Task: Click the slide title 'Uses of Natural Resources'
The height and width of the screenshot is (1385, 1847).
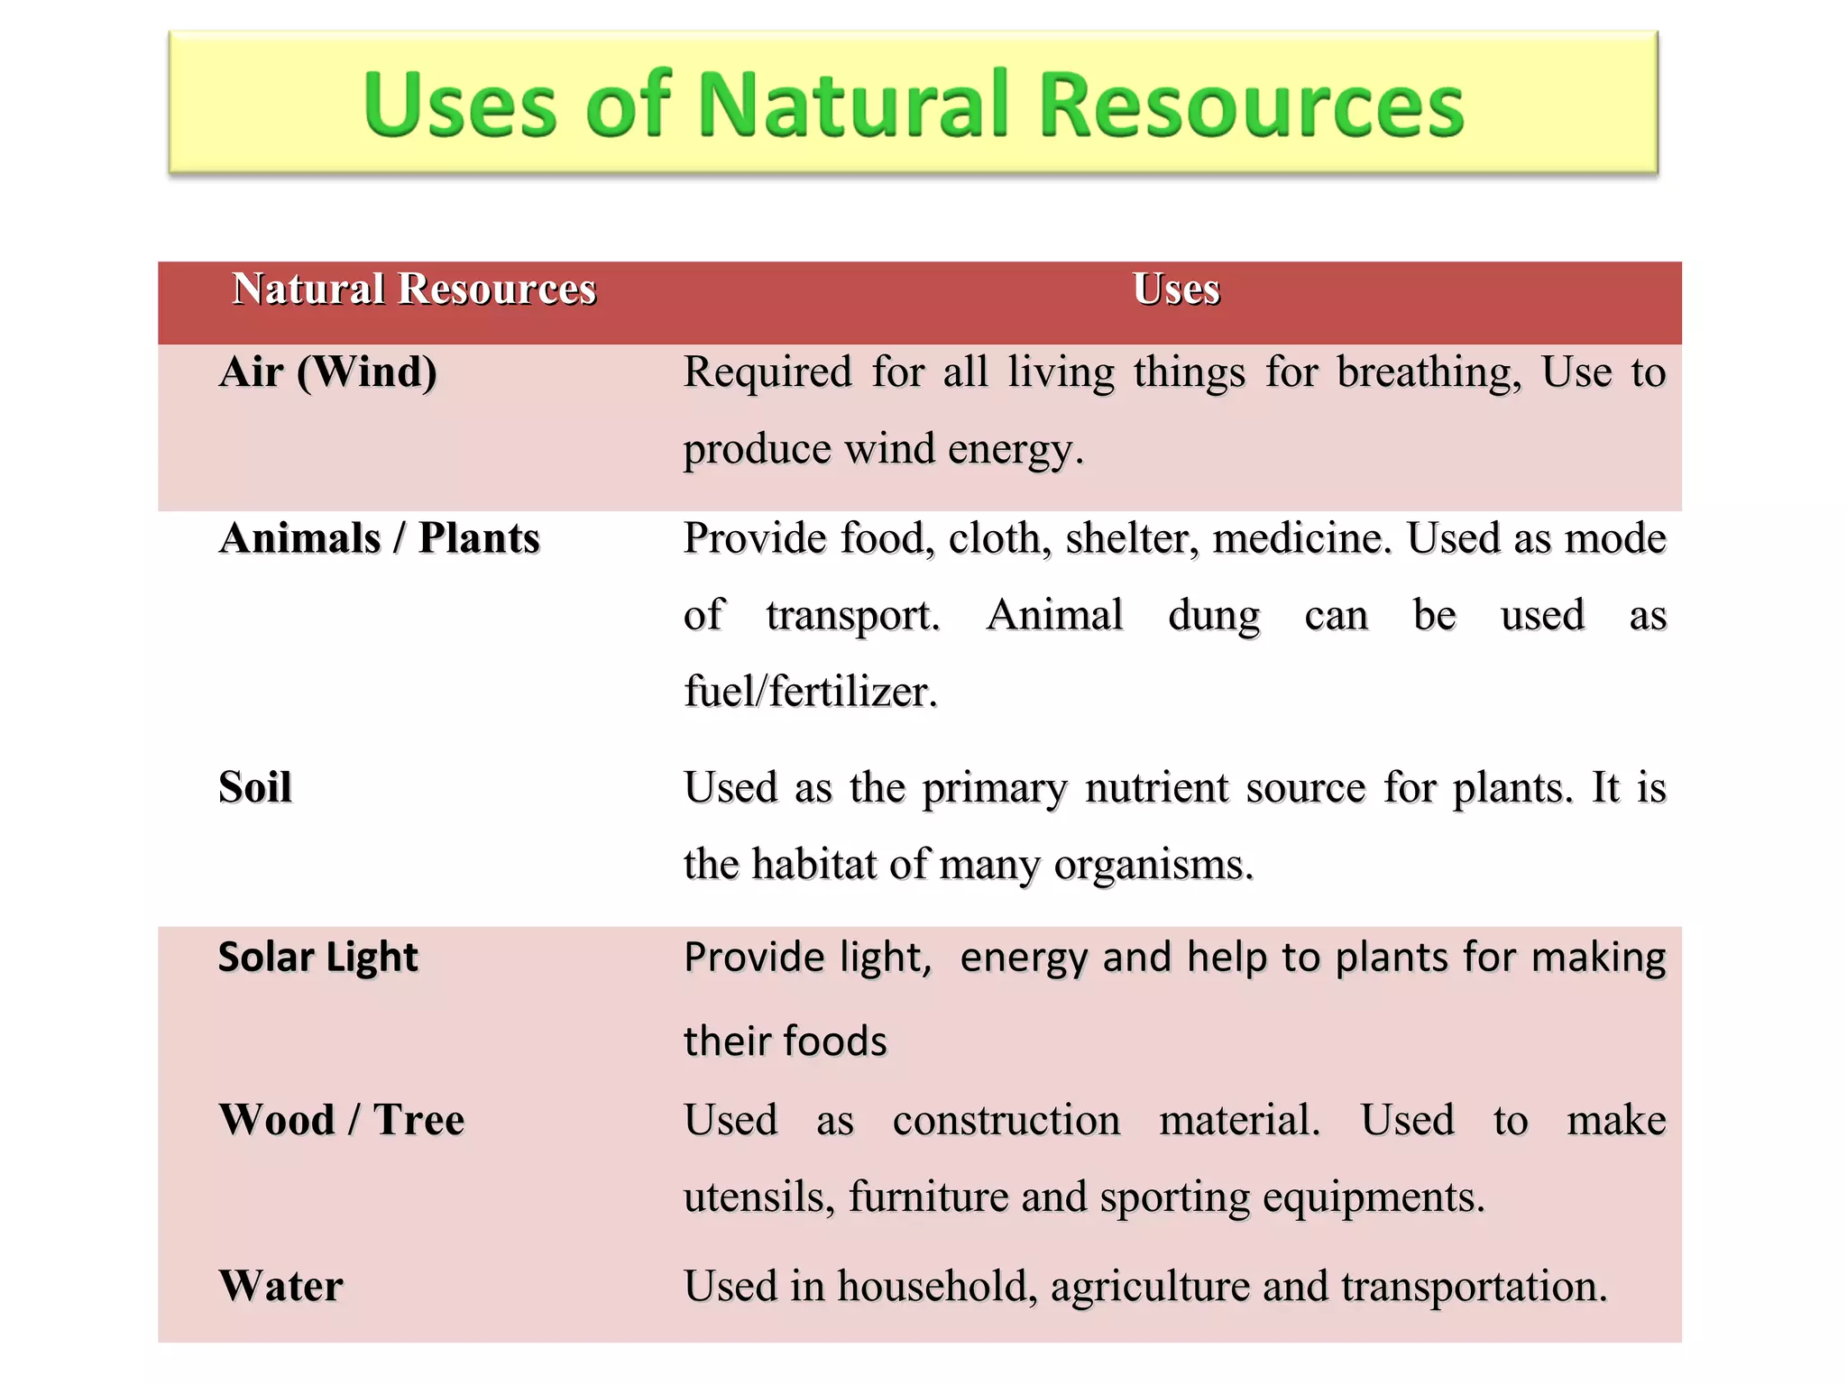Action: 913,105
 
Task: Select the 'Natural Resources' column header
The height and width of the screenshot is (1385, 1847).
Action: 414,289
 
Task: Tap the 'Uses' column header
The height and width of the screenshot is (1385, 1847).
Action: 1176,289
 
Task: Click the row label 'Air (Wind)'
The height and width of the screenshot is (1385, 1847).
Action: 328,371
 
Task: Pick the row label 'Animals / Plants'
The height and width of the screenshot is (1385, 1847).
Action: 380,538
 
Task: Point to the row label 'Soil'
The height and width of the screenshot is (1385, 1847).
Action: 255,787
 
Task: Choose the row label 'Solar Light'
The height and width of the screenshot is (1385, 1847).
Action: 318,957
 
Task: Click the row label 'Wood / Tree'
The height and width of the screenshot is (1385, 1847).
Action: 342,1120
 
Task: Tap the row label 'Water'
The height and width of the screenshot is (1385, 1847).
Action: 281,1286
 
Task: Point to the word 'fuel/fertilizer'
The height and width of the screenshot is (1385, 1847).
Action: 811,692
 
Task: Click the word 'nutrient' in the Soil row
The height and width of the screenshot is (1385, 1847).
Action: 1156,788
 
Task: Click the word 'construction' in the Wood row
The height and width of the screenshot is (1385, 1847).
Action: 1006,1121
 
